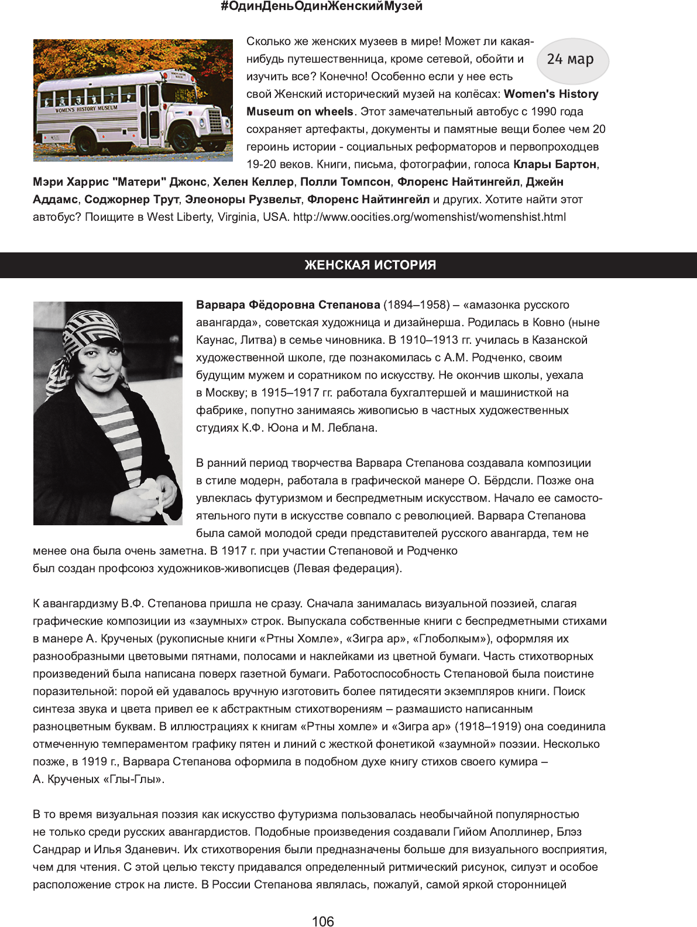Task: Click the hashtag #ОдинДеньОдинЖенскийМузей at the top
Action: point(321,7)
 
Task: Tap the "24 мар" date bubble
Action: point(571,60)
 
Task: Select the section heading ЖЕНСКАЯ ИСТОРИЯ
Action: point(370,265)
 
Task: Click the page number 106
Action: point(322,921)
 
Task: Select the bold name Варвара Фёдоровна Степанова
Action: point(288,305)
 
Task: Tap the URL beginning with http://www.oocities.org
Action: point(429,217)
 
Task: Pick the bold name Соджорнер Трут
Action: point(131,200)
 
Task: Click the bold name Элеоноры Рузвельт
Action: point(243,200)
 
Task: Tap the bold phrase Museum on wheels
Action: point(300,112)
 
